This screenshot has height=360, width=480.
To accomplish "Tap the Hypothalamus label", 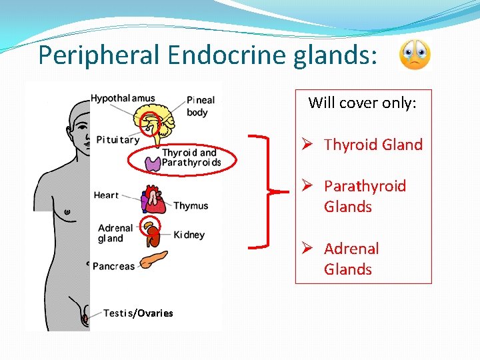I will pyautogui.click(x=123, y=99).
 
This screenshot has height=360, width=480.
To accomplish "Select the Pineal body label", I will pyautogui.click(x=201, y=106).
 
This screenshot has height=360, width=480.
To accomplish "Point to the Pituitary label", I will pyautogui.click(x=118, y=139).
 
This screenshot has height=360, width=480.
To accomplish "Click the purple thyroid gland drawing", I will pyautogui.click(x=152, y=162).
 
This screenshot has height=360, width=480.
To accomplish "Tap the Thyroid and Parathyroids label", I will pyautogui.click(x=191, y=158).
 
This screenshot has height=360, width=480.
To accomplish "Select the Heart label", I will pyautogui.click(x=106, y=195).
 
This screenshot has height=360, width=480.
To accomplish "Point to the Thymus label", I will pyautogui.click(x=191, y=206).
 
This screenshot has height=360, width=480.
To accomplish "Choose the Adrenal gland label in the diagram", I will pyautogui.click(x=115, y=233).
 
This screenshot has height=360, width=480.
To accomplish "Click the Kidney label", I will pyautogui.click(x=189, y=235).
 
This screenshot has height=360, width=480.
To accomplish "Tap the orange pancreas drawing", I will pyautogui.click(x=153, y=259).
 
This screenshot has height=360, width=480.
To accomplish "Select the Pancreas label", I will pyautogui.click(x=113, y=266).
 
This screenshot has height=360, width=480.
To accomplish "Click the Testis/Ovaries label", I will pyautogui.click(x=138, y=313).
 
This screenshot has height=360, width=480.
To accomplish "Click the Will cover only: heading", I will pyautogui.click(x=362, y=103).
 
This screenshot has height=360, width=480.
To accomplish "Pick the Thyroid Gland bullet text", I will pyautogui.click(x=373, y=145).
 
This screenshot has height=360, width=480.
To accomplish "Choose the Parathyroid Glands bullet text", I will pyautogui.click(x=364, y=196).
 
